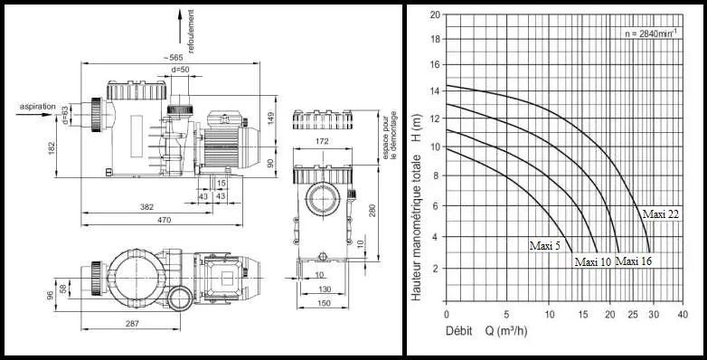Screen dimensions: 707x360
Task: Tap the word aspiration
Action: coord(37,107)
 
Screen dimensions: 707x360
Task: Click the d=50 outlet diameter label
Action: coord(180,70)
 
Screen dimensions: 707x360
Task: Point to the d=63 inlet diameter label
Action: coord(64,115)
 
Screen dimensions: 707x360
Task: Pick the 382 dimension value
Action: coord(146,207)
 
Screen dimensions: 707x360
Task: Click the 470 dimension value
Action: coord(165,220)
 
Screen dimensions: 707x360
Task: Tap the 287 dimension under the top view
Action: coord(132,324)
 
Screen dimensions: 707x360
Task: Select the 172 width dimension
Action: coord(323,141)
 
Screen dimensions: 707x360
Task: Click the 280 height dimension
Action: coord(372,211)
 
